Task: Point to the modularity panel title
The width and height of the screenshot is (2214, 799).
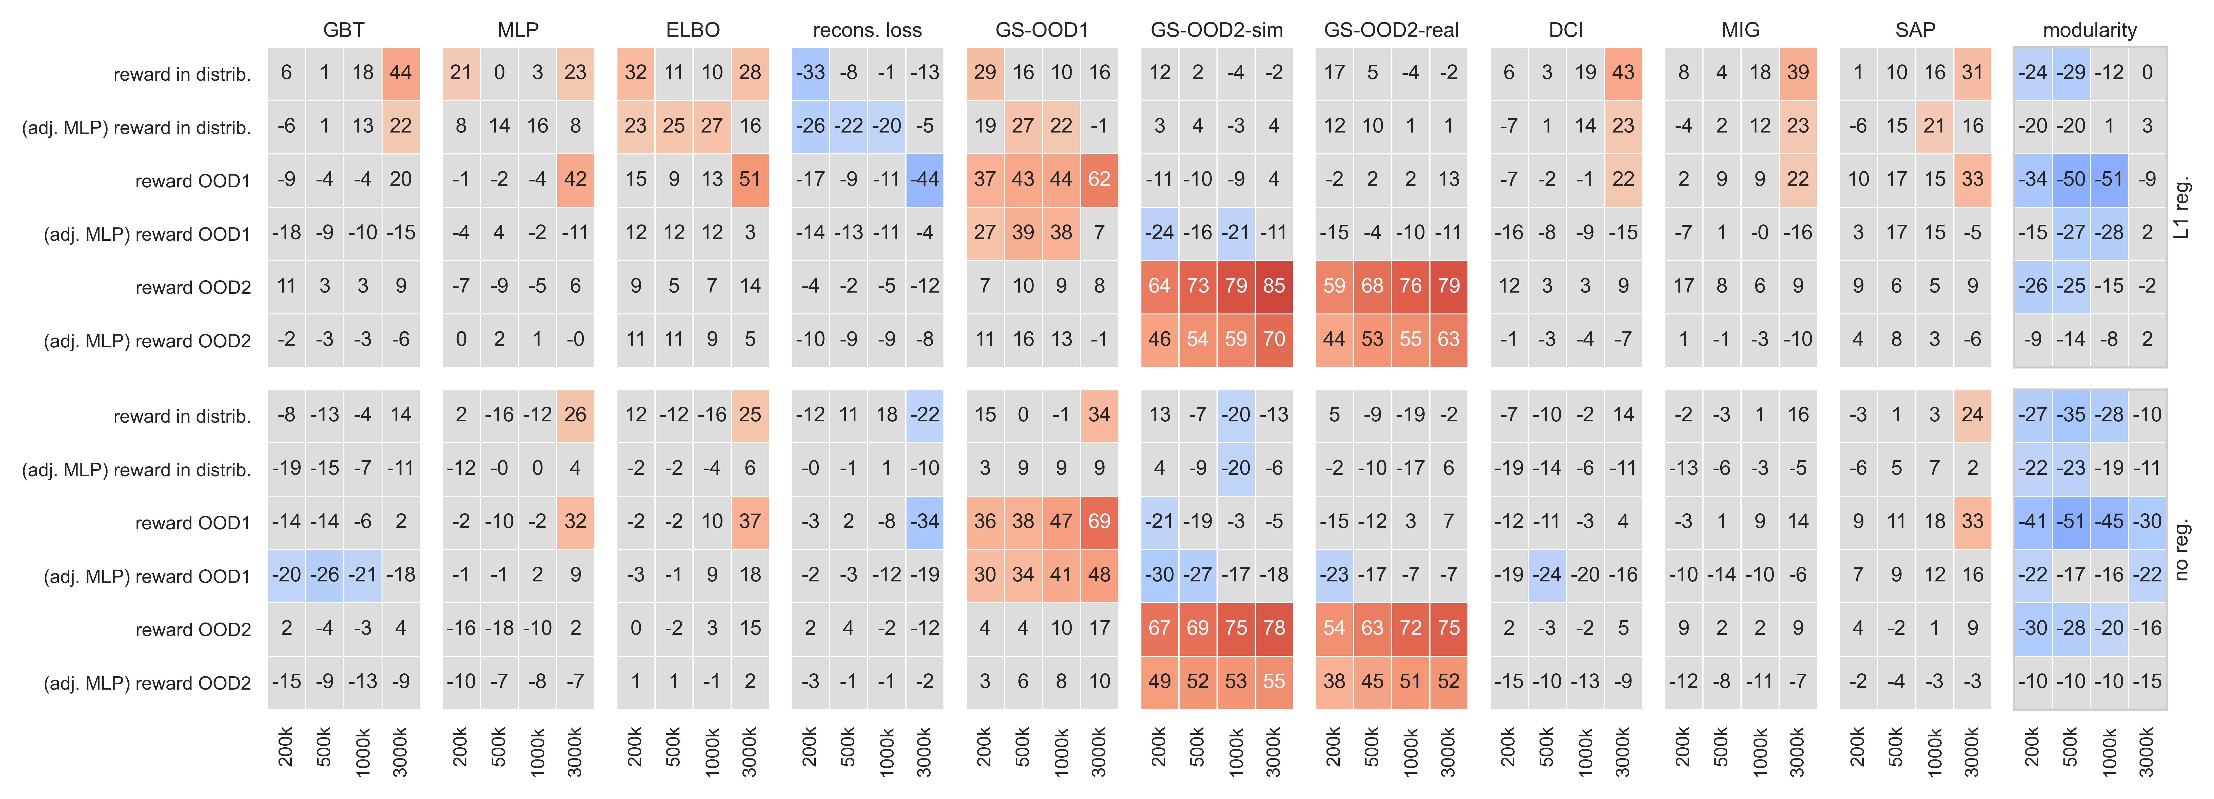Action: pos(2089,30)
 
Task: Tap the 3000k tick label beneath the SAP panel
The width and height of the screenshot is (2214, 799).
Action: pos(1972,752)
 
